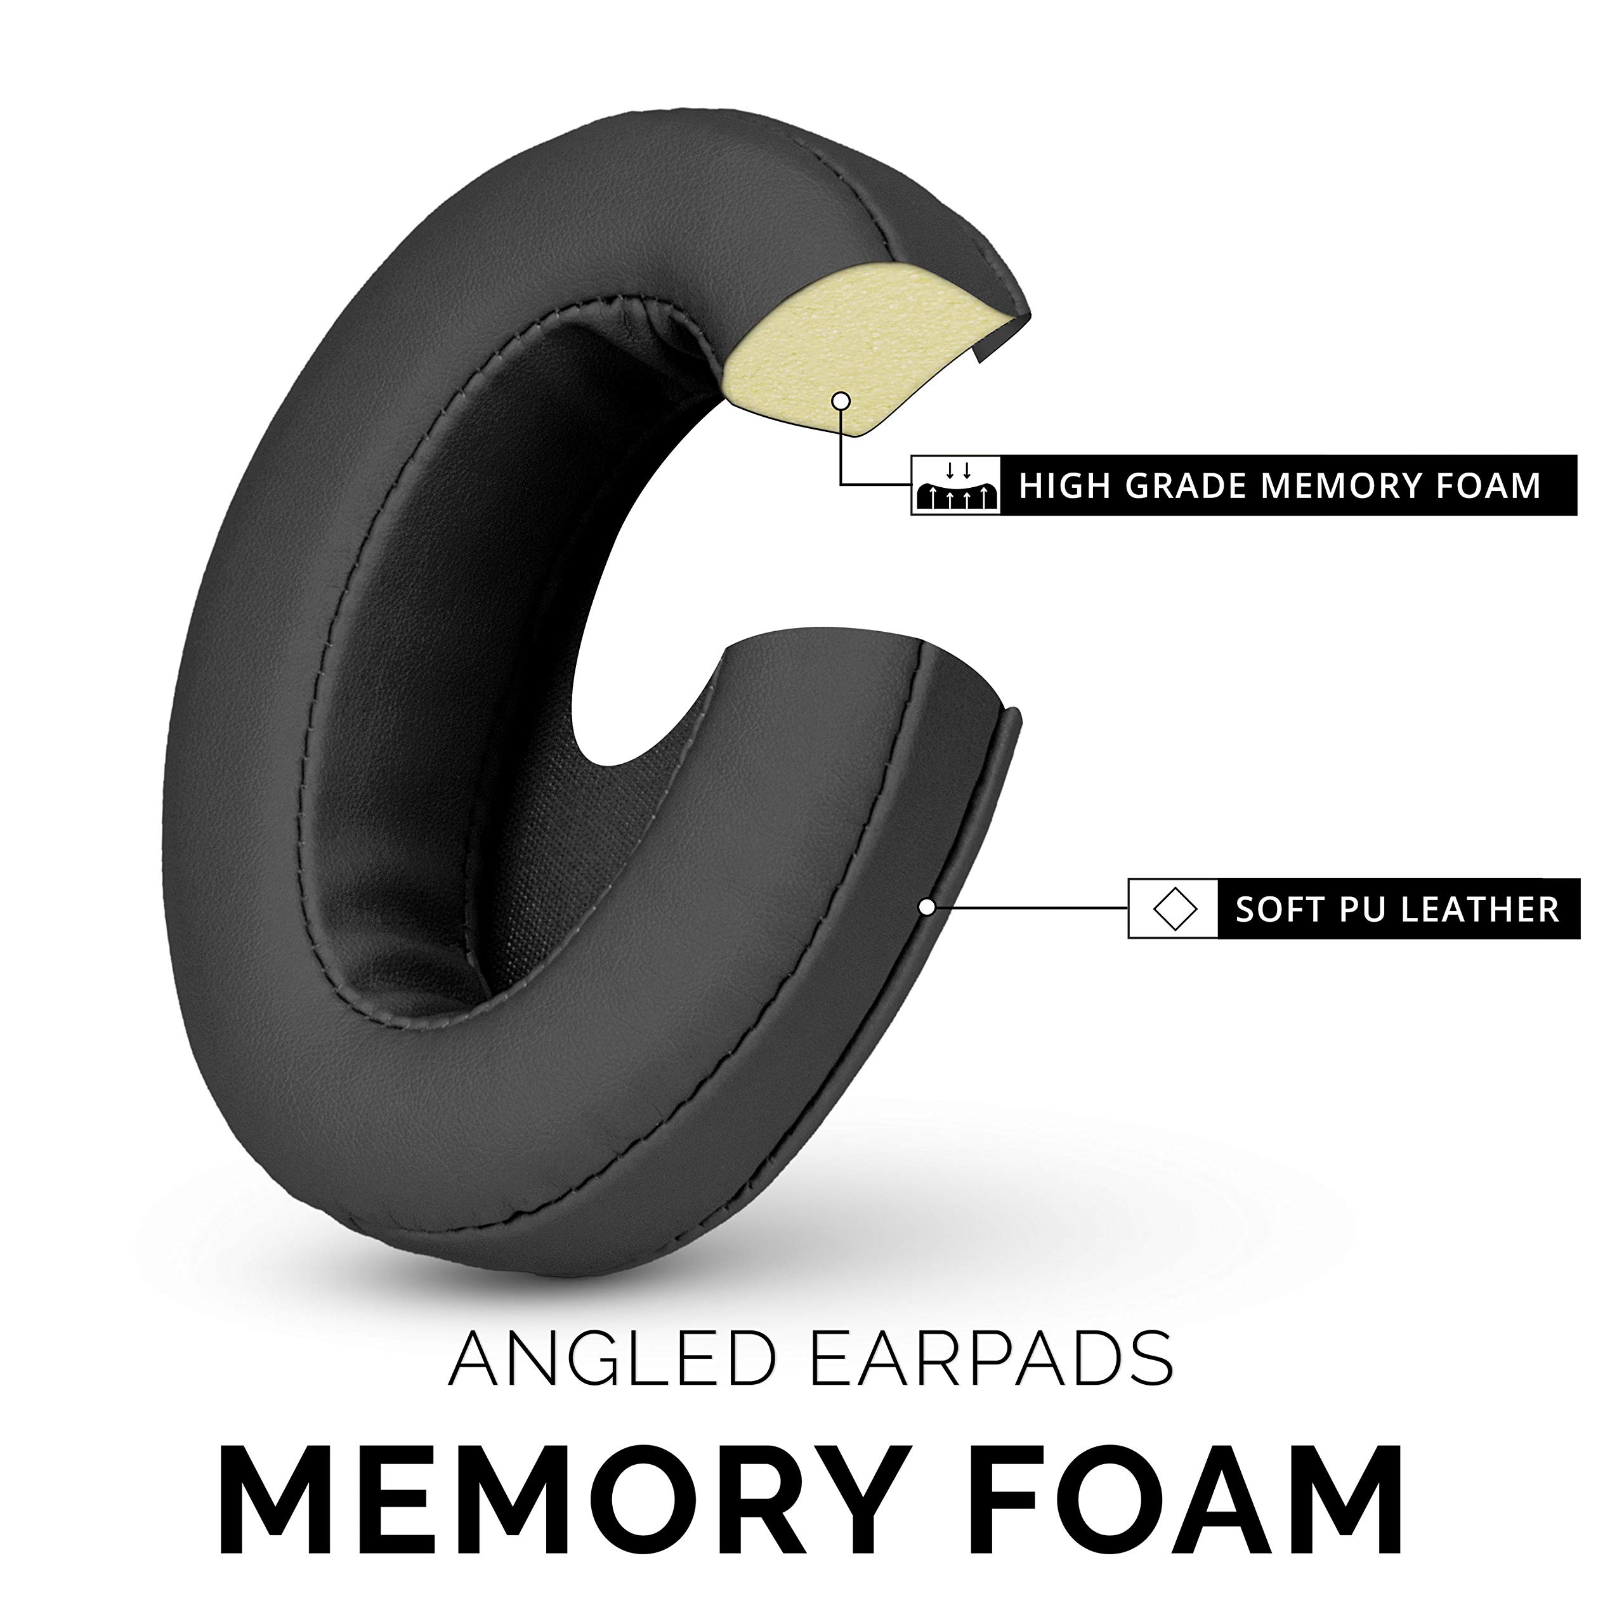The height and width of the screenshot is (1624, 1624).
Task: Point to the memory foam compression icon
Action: click(x=955, y=486)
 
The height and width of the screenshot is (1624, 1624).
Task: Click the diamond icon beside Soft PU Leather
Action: click(x=1174, y=908)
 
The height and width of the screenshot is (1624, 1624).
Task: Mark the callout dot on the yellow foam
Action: click(x=839, y=401)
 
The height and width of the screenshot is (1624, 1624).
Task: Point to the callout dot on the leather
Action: click(x=927, y=907)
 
